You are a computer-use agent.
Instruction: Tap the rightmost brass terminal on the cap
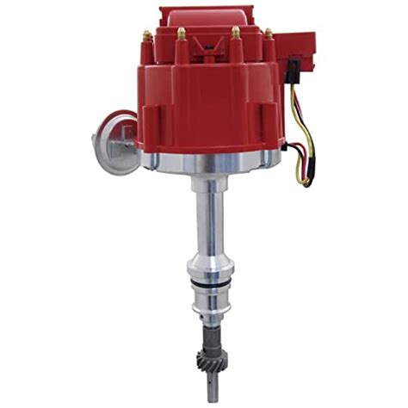(x=268, y=34)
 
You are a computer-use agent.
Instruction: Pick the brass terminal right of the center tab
(x=235, y=33)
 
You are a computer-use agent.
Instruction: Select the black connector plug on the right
(x=294, y=65)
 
